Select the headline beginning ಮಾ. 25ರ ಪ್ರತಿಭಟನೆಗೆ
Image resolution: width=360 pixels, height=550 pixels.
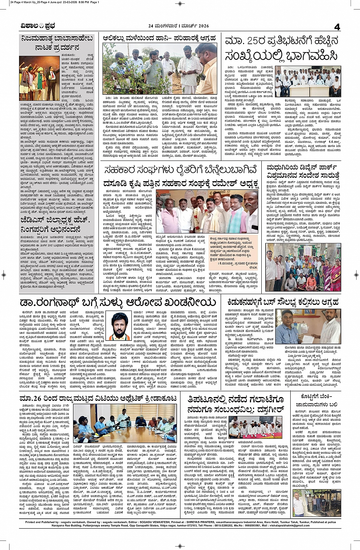[x=281, y=49]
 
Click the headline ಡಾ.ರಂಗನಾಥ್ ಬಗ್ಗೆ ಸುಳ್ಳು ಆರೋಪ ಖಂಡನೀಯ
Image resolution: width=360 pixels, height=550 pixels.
[x=118, y=303]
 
